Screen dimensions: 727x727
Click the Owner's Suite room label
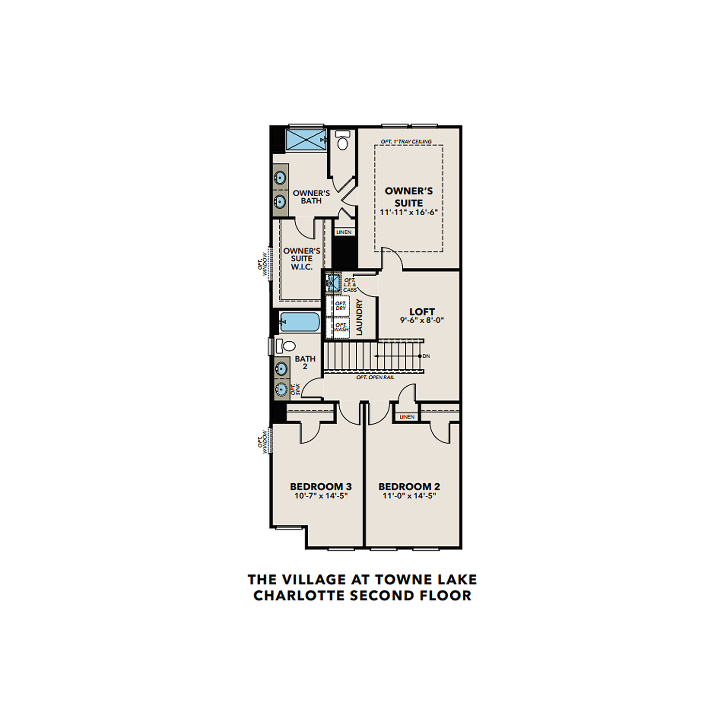coord(409,197)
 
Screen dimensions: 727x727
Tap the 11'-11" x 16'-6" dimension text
coord(409,212)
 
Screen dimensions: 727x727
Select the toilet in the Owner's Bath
coord(343,141)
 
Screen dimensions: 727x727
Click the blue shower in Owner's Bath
coord(306,139)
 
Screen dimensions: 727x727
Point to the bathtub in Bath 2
coord(300,322)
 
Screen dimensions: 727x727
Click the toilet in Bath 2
coord(286,346)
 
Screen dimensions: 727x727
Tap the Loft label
coord(422,312)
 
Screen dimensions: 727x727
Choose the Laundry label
coord(359,317)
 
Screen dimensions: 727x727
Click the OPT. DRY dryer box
coord(341,306)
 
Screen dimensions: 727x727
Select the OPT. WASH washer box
coord(341,327)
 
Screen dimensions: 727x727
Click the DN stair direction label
coord(426,356)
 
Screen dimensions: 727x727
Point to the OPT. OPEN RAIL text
coord(375,377)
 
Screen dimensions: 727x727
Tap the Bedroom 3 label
coord(321,487)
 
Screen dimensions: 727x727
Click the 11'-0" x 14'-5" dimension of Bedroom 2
coord(409,496)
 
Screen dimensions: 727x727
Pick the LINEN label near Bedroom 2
coord(407,417)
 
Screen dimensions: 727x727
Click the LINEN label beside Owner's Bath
coord(344,232)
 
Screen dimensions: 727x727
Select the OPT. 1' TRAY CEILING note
coord(406,142)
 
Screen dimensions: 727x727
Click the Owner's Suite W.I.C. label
coord(301,259)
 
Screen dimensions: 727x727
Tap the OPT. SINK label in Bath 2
coord(296,389)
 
